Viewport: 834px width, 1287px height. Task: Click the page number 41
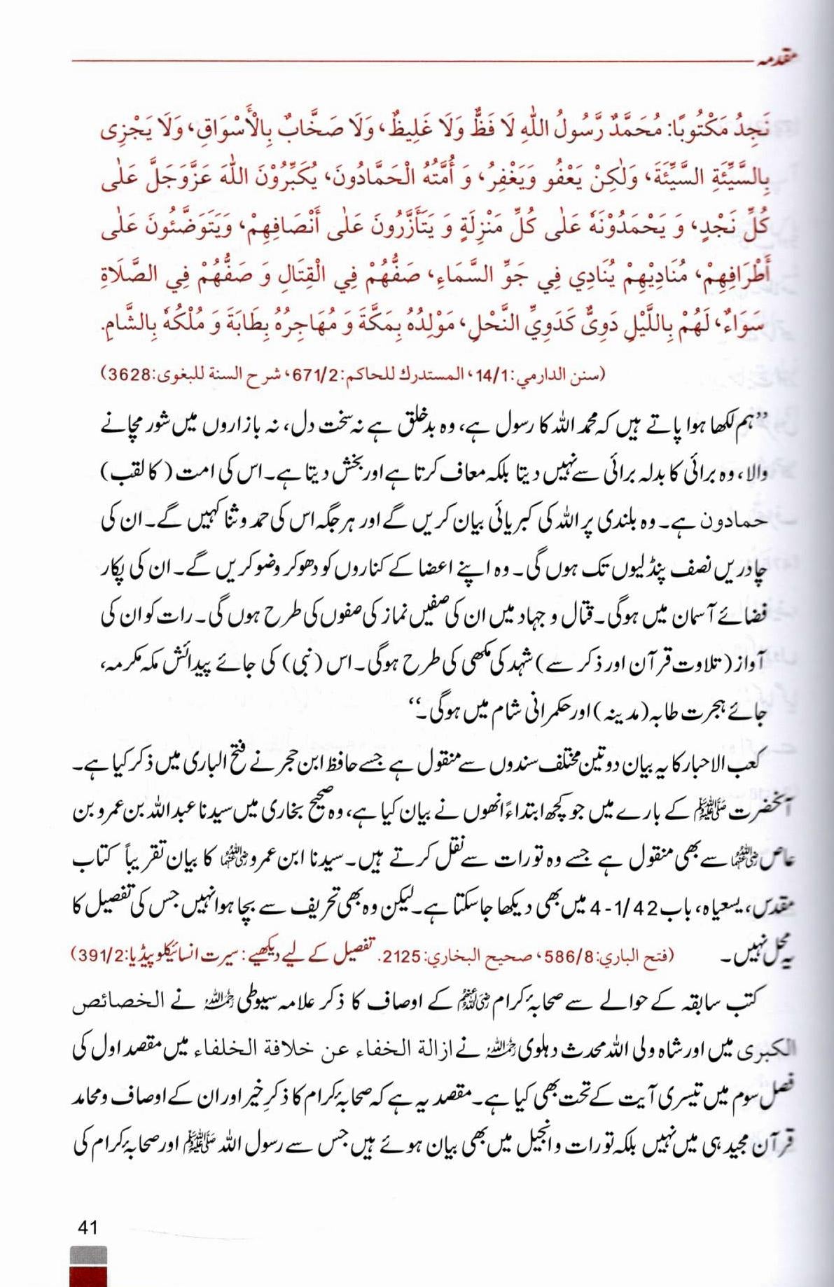click(88, 1227)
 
